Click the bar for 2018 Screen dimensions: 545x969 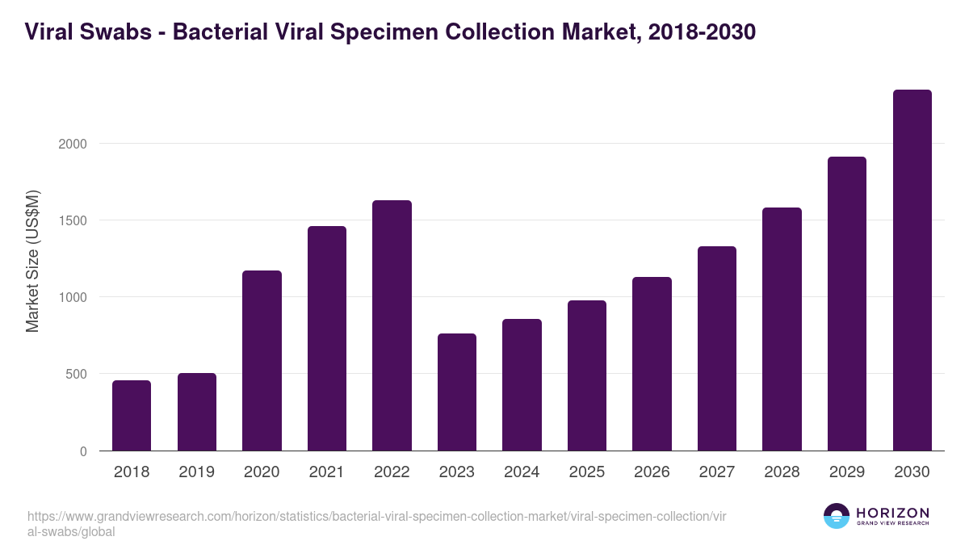tap(132, 415)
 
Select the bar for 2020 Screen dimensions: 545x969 tap(262, 360)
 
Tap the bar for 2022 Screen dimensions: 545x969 tap(392, 325)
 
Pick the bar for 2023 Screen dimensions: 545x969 tap(457, 392)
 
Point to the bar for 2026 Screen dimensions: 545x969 tap(652, 363)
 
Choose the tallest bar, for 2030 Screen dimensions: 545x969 tap(912, 270)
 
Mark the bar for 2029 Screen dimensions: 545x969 tap(847, 304)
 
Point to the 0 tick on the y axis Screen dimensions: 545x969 tap(82, 451)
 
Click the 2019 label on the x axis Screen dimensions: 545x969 tap(196, 472)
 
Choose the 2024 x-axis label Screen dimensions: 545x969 tap(522, 472)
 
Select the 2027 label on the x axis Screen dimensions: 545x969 tap(717, 472)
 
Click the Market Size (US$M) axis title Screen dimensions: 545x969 tap(33, 262)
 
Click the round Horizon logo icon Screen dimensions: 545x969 tap(836, 516)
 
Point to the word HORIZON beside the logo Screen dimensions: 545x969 tap(892, 512)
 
